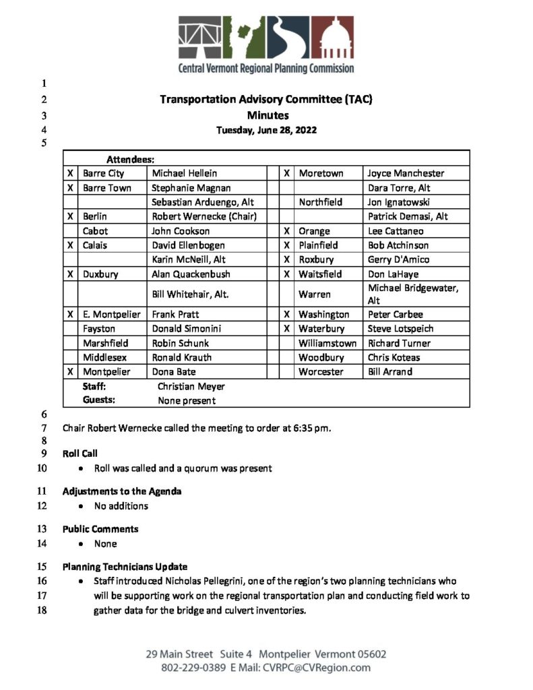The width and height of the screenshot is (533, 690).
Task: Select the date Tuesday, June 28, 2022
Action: tap(266, 130)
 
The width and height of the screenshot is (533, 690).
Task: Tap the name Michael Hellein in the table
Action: tap(185, 174)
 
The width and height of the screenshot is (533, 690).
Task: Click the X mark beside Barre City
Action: tap(70, 174)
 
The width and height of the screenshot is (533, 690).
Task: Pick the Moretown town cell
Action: tap(321, 174)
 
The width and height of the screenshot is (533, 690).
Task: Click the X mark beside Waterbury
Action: tap(286, 329)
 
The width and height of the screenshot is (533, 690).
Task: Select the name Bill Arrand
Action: tap(390, 372)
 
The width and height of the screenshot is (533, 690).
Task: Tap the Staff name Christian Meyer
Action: tap(191, 387)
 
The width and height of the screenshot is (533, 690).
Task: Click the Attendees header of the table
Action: tap(130, 160)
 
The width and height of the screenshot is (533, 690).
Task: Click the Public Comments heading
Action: tap(100, 529)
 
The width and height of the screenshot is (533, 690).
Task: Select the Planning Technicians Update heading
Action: tap(125, 567)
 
